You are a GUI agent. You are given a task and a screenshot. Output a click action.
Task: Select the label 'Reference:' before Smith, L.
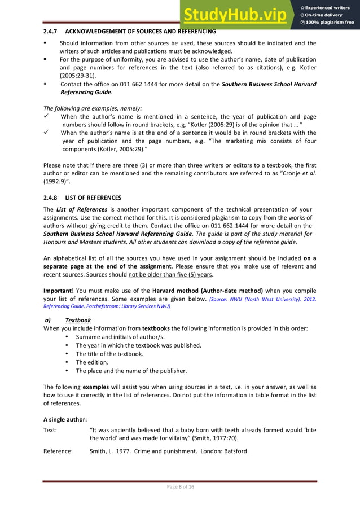pyautogui.click(x=58, y=451)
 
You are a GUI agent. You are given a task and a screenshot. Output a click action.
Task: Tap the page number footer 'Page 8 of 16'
pyautogui.click(x=179, y=487)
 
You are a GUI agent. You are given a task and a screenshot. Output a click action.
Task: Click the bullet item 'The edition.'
pyautogui.click(x=93, y=362)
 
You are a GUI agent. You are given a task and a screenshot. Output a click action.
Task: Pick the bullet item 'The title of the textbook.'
pyautogui.click(x=109, y=354)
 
